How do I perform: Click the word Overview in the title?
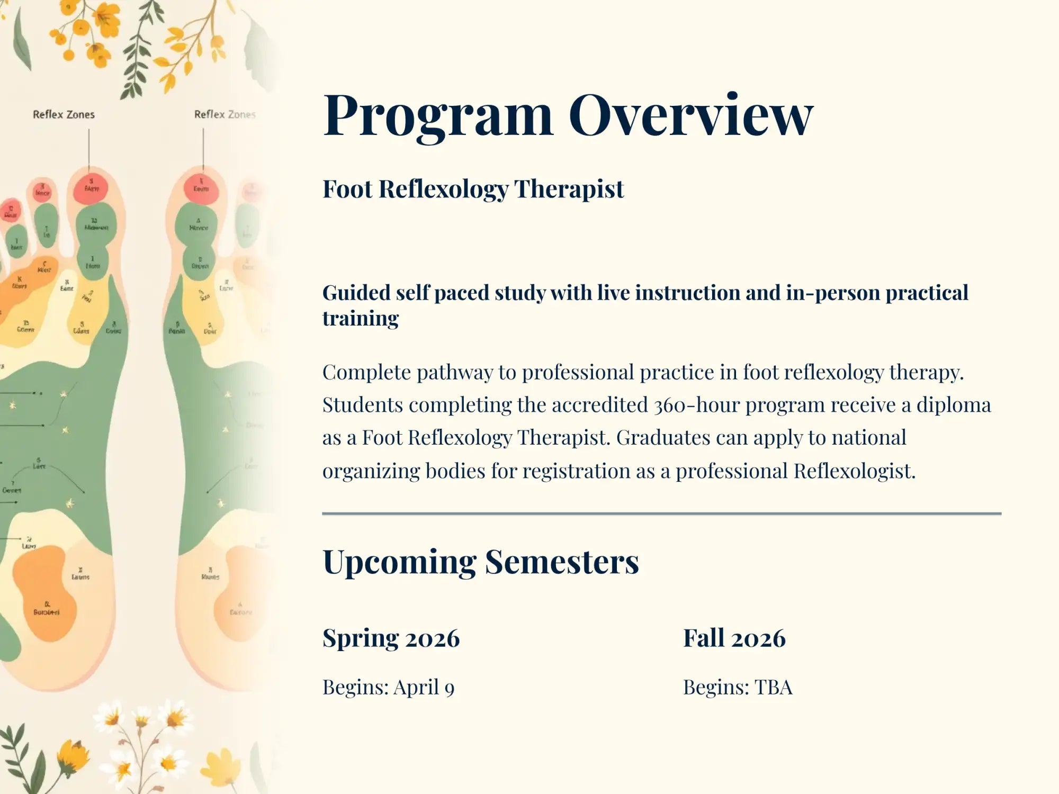point(690,115)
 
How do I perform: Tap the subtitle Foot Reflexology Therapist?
point(473,189)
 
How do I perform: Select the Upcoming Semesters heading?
point(480,562)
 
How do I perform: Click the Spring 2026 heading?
point(391,638)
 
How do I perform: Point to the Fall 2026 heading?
point(734,638)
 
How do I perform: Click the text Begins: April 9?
point(388,688)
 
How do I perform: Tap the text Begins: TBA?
point(737,688)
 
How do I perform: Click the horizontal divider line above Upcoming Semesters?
point(661,513)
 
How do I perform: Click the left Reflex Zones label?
point(64,114)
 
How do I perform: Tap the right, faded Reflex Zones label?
point(225,114)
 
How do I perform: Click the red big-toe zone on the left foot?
point(91,188)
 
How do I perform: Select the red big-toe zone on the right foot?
point(201,188)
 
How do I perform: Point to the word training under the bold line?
point(360,319)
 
